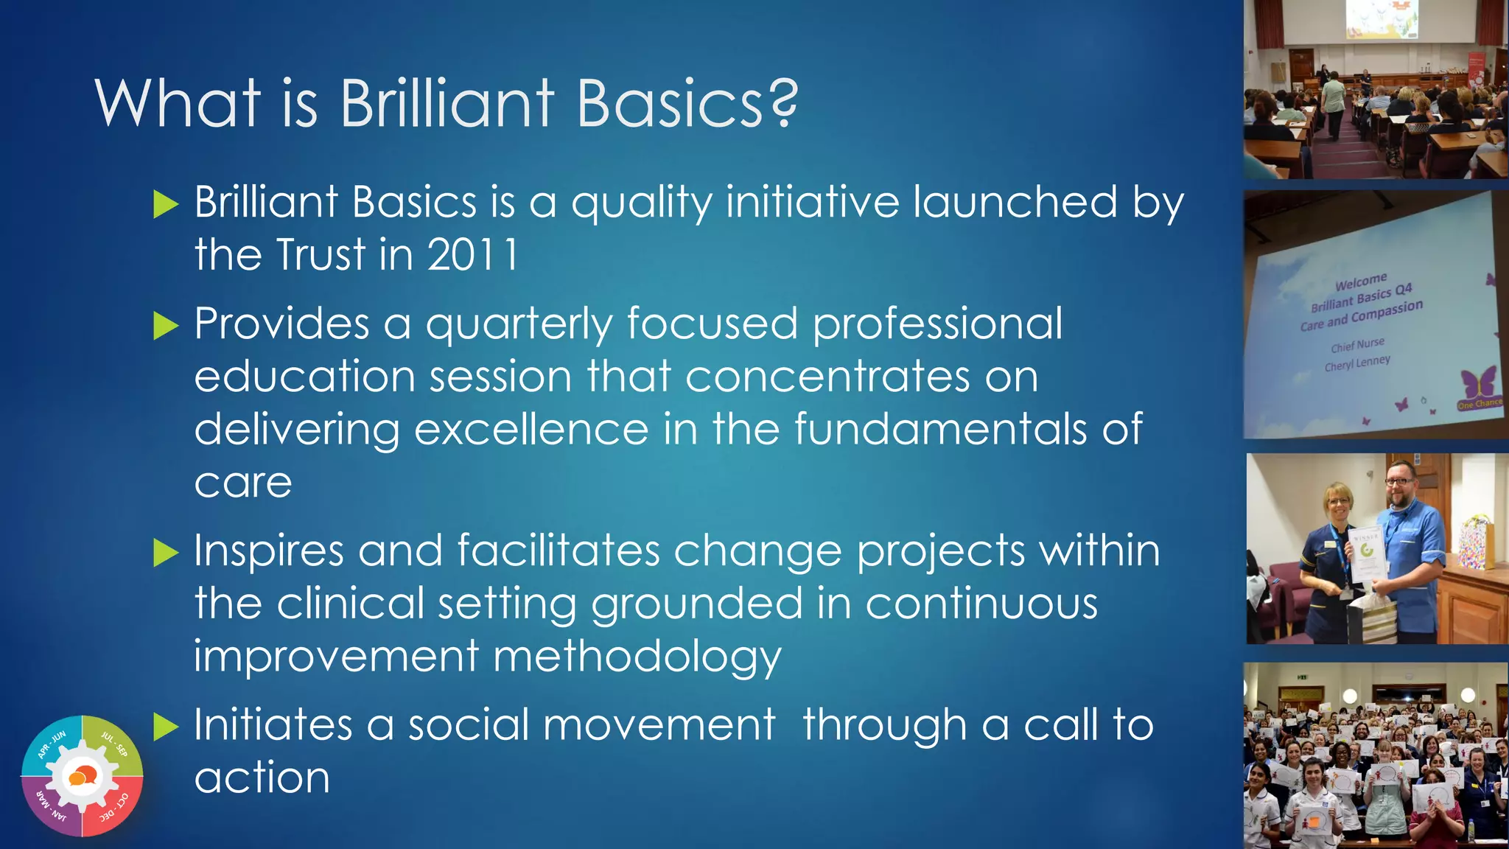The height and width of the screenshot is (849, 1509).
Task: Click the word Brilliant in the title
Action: [447, 103]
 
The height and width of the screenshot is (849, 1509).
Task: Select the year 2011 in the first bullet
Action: [473, 255]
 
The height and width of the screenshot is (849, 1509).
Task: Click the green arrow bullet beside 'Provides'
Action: [166, 325]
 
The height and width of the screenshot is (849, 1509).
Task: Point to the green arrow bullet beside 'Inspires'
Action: [166, 552]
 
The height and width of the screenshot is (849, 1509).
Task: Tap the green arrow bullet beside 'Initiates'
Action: [166, 727]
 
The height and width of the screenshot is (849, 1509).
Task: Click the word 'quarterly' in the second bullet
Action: [519, 325]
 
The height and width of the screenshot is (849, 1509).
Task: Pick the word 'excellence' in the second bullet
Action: [531, 430]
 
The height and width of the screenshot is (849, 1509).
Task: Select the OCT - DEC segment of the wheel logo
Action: [114, 808]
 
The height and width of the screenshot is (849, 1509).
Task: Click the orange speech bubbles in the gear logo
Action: [82, 776]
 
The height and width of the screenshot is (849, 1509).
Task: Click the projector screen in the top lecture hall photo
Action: [1382, 20]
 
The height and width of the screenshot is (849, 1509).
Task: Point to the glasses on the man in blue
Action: [1398, 482]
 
